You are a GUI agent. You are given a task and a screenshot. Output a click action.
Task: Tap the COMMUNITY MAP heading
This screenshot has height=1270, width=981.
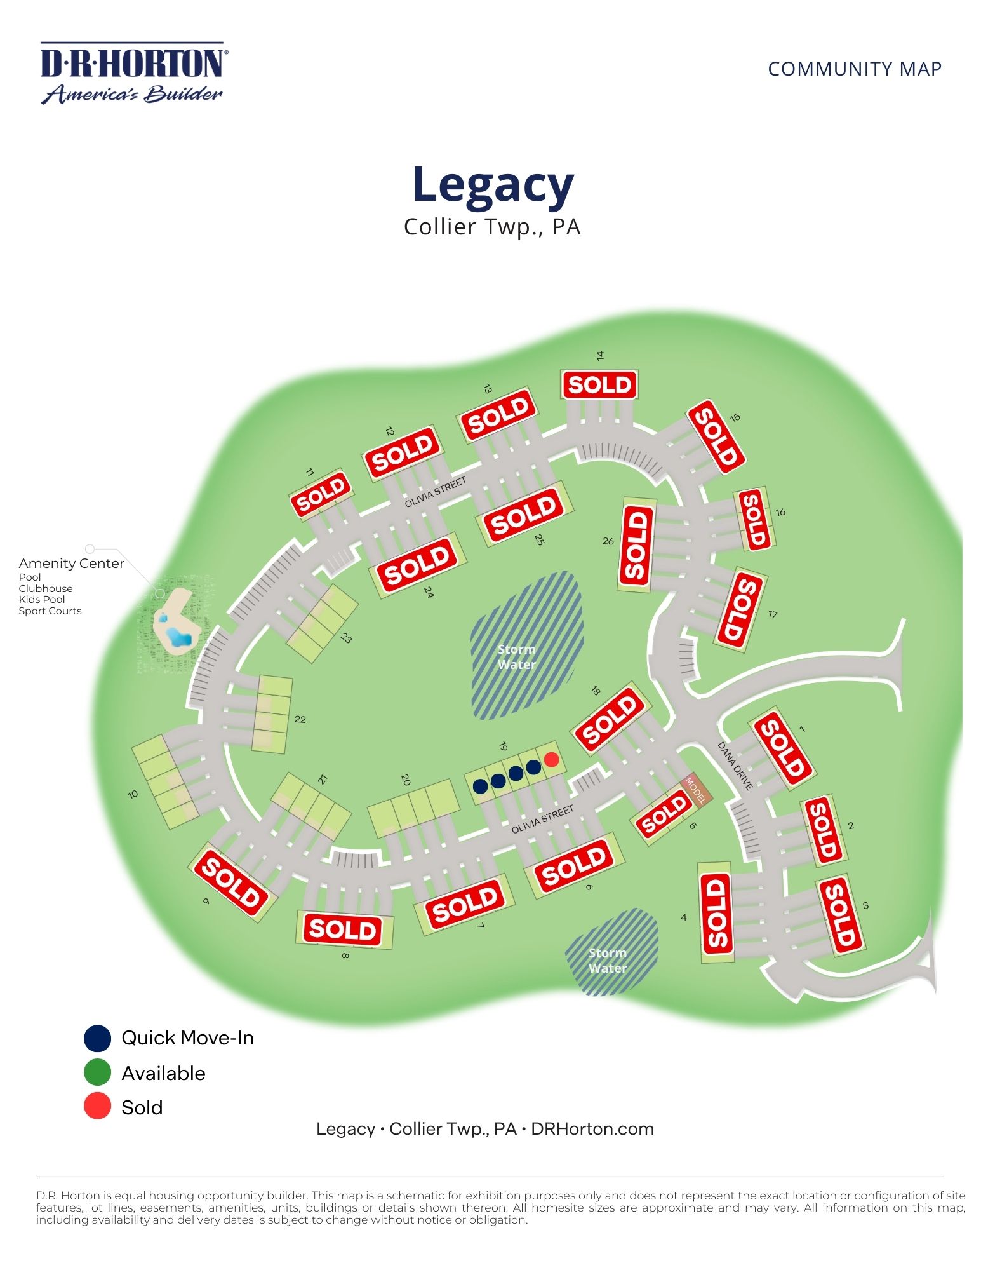point(854,69)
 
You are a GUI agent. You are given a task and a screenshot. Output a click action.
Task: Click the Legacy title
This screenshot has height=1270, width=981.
point(493,185)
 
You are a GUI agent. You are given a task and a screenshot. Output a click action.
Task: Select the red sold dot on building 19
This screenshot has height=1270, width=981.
point(551,759)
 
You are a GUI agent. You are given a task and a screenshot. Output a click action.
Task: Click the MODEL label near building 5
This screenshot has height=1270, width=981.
point(697,789)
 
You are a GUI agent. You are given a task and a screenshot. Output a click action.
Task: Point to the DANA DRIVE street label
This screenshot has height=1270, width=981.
point(735,766)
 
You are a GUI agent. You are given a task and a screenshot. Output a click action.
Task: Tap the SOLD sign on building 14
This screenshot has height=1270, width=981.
point(599,385)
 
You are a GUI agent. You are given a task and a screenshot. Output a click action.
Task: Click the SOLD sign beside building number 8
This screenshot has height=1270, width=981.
point(344,929)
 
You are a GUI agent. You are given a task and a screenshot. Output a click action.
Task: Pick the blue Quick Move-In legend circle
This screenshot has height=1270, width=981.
point(97,1038)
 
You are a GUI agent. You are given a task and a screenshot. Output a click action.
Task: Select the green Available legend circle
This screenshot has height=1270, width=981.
point(97,1073)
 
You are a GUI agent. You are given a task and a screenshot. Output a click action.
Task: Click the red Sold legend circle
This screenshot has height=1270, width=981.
point(97,1107)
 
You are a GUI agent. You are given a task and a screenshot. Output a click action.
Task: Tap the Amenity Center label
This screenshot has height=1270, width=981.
point(71,563)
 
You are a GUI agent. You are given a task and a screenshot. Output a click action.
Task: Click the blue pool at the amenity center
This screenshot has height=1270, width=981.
point(177,636)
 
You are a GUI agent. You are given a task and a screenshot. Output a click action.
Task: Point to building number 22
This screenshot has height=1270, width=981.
point(300,719)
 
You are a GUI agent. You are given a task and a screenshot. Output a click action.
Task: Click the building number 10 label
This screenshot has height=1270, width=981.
point(133,794)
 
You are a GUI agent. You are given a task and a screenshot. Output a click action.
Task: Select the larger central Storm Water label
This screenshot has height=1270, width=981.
point(517,657)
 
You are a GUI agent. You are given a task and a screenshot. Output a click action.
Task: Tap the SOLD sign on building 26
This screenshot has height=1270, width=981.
point(636,545)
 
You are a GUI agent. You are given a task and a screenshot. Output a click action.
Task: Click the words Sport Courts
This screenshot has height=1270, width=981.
point(50,611)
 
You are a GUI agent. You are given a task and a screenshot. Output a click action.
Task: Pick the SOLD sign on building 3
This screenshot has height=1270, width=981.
point(840,915)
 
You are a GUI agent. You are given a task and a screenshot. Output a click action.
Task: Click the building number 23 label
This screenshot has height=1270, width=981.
point(346,638)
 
